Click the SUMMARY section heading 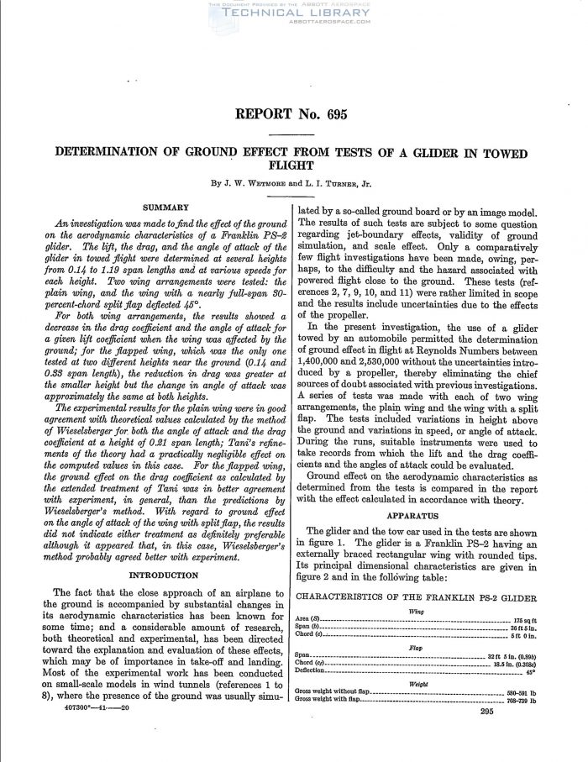click(165, 207)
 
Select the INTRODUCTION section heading click(165, 575)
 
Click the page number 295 click(486, 712)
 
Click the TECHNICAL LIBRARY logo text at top click(291, 13)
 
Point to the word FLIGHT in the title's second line click(291, 166)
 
